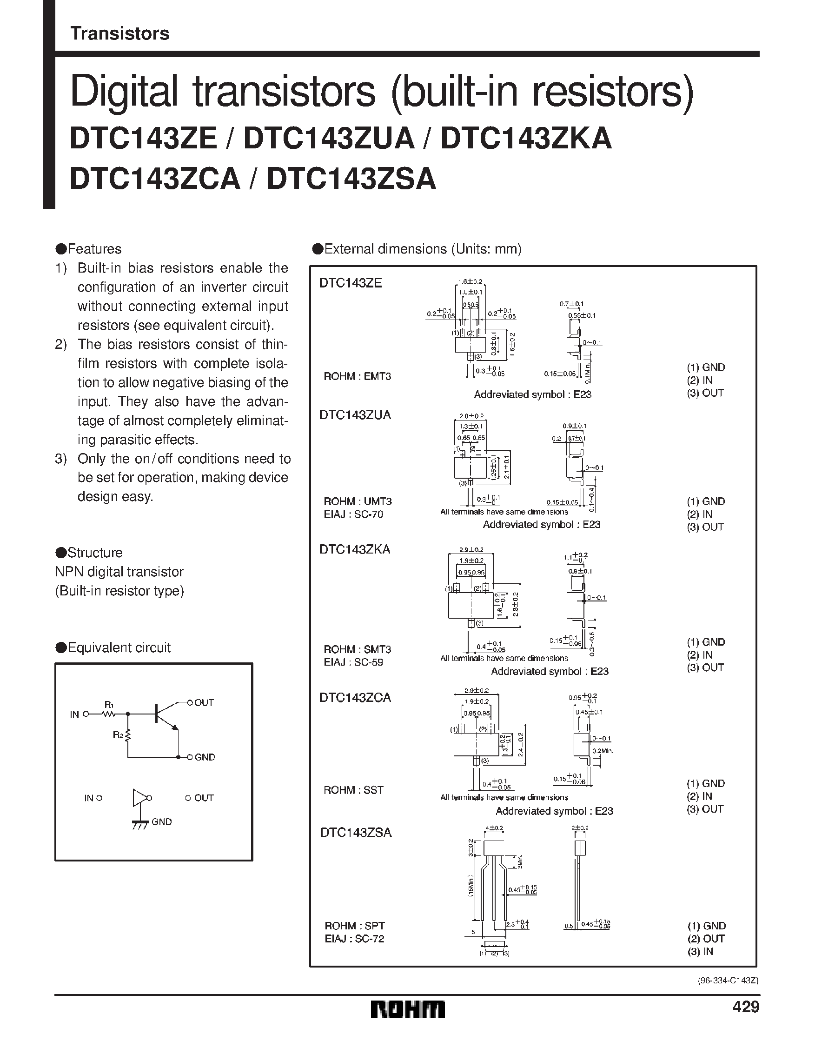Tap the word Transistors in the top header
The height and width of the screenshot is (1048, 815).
[120, 33]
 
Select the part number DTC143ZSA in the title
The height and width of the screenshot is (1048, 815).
[351, 179]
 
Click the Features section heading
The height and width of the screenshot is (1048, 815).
[89, 249]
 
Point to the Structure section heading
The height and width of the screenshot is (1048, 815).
[89, 553]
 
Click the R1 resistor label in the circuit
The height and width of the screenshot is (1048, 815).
[109, 704]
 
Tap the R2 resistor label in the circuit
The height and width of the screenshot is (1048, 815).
[118, 734]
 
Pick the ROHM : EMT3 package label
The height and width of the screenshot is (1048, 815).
[358, 376]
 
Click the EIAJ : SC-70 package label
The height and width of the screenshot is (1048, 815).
[353, 514]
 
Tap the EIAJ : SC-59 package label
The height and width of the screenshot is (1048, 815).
[353, 662]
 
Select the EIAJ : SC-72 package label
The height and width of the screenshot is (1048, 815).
[354, 939]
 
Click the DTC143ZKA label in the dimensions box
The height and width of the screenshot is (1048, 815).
[355, 549]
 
